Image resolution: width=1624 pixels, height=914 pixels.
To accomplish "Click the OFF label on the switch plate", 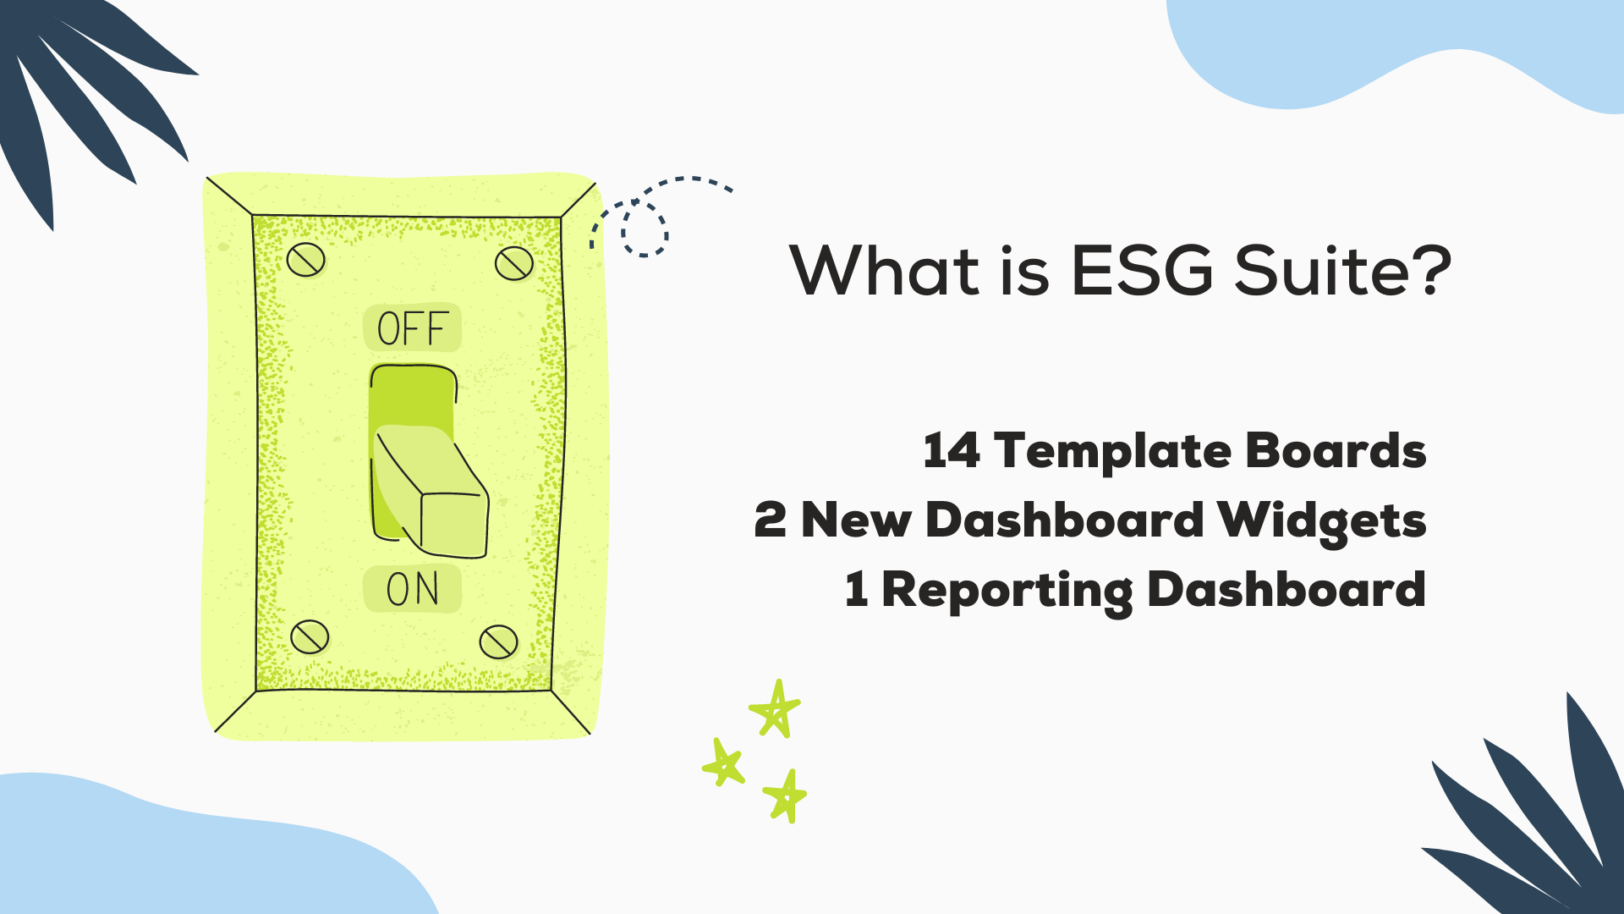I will tap(412, 328).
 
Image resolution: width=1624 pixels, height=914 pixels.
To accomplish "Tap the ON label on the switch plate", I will tap(412, 589).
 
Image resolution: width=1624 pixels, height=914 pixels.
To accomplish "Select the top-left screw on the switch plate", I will tap(305, 260).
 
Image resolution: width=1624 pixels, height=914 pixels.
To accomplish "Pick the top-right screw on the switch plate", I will tap(513, 263).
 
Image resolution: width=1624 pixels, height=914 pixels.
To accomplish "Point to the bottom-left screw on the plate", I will tap(310, 636).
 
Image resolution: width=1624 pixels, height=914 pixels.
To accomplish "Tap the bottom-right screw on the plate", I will tap(498, 642).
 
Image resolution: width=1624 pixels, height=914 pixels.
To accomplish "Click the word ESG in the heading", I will tap(1142, 271).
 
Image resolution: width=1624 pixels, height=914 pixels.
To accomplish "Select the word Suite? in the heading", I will tap(1343, 271).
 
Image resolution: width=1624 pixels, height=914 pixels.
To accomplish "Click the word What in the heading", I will tap(885, 271).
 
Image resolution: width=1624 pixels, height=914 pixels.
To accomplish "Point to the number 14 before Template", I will tap(952, 450).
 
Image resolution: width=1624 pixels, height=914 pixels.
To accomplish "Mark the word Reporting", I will tap(1007, 591).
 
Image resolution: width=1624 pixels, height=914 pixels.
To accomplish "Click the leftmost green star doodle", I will tap(723, 763).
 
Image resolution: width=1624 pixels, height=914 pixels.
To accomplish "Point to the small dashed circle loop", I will tap(645, 228).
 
